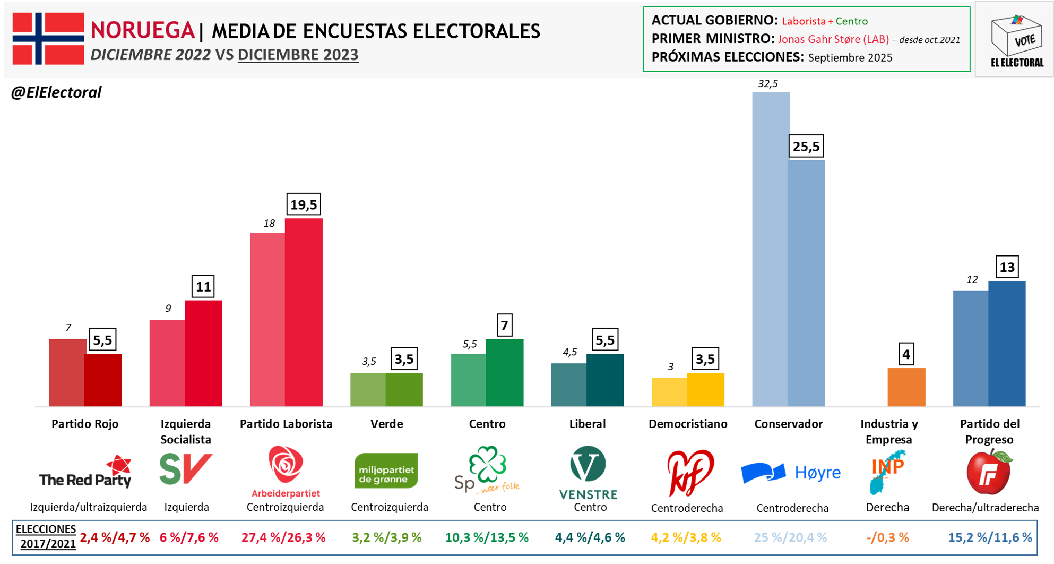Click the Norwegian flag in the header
pos(48,38)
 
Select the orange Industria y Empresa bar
pos(906,387)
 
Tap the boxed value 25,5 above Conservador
pos(806,147)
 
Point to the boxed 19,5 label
pos(304,204)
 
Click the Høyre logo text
pos(817,472)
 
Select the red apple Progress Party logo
pos(989,472)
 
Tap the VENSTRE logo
pos(588,473)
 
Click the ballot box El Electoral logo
pos(1016,40)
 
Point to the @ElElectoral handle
pos(56,92)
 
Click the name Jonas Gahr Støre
pos(833,39)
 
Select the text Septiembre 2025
pos(850,57)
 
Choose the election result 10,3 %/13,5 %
pos(487,537)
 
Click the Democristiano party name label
pos(688,424)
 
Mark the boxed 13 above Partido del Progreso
pos(1007,267)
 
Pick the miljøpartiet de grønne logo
pos(386,471)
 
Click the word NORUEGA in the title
pos(142,30)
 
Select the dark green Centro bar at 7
pos(504,373)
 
